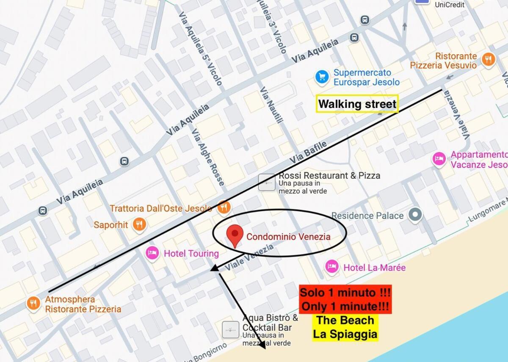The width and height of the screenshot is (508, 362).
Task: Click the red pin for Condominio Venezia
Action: [x=235, y=235]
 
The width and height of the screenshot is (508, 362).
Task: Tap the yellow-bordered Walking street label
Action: [x=357, y=104]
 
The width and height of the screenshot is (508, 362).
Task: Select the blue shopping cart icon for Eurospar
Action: [x=322, y=77]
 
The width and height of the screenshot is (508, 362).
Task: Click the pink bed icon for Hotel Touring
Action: [x=152, y=253]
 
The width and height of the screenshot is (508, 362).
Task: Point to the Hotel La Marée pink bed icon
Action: [x=331, y=267]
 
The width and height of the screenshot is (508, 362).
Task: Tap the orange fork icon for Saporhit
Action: [x=139, y=224]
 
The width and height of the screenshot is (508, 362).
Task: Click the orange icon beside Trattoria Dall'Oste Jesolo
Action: [x=224, y=207]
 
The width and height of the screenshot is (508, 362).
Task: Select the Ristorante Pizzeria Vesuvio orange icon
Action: [x=489, y=59]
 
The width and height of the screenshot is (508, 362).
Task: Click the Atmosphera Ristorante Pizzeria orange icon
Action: [x=33, y=304]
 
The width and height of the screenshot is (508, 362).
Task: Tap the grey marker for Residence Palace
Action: [x=415, y=215]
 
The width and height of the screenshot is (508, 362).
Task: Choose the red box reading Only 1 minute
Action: [x=345, y=299]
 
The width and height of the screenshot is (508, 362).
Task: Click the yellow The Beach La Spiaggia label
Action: [x=345, y=327]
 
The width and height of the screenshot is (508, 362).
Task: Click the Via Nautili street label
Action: [x=271, y=106]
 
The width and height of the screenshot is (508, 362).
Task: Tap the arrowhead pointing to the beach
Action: [x=262, y=345]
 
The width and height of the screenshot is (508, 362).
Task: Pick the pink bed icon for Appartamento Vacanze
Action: [x=439, y=159]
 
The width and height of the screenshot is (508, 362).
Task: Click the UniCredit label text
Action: [x=450, y=5]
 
